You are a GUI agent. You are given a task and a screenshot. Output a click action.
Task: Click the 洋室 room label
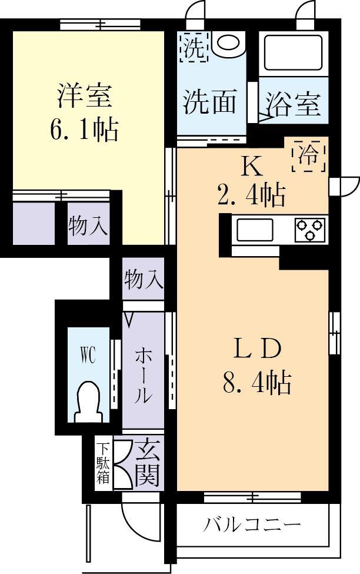(x=85, y=96)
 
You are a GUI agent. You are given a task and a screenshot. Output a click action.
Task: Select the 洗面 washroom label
(x=210, y=102)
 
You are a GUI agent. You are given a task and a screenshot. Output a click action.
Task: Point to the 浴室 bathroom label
(x=292, y=105)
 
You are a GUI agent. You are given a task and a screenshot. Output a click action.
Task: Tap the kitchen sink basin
(x=255, y=229)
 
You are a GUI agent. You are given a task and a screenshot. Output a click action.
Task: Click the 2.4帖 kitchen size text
(x=251, y=194)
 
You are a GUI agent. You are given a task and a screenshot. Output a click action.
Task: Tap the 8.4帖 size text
(x=256, y=383)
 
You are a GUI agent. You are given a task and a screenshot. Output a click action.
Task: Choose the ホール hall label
(x=143, y=375)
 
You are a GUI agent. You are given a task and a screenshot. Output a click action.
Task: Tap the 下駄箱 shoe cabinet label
(x=103, y=463)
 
